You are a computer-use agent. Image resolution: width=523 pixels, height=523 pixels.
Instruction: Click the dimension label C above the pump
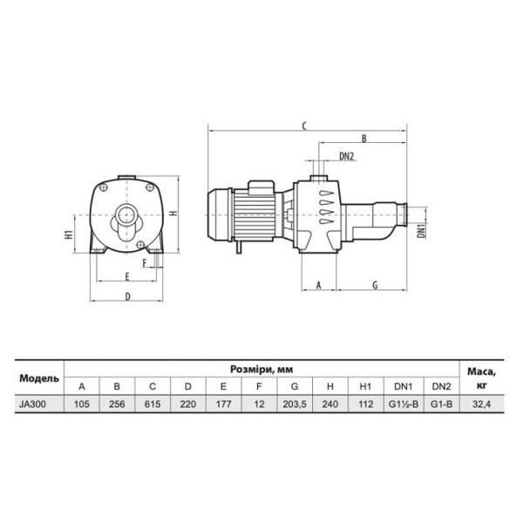tap(304, 126)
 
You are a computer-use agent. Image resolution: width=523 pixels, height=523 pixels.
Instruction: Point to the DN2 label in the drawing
tap(346, 156)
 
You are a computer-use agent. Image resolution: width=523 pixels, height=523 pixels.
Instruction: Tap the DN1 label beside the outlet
tap(422, 231)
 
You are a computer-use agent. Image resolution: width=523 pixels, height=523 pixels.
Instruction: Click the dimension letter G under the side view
tap(375, 285)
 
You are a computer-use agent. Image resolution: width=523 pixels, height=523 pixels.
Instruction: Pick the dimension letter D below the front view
tap(128, 296)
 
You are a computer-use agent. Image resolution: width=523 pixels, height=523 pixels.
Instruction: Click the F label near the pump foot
tap(145, 263)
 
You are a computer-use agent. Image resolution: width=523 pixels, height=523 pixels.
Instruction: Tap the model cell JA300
tap(33, 404)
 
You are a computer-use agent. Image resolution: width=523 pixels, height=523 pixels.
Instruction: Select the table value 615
tap(153, 404)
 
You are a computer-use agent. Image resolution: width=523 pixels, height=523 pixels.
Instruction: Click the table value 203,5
tap(295, 404)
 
